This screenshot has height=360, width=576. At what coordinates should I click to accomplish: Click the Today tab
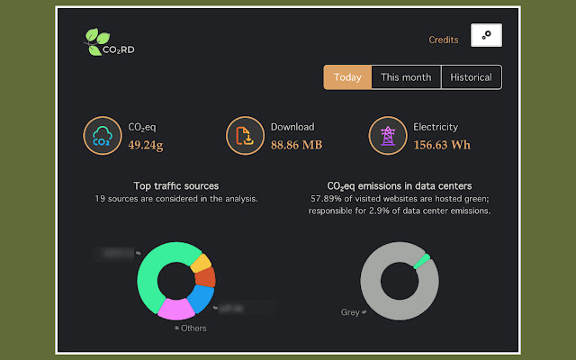347,77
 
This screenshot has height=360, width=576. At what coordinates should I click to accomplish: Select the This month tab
406,77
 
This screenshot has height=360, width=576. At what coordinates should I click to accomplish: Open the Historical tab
472,77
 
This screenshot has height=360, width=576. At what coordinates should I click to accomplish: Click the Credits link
444,40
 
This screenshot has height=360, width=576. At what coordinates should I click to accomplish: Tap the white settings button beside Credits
486,35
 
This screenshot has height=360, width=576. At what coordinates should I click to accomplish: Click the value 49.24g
146,144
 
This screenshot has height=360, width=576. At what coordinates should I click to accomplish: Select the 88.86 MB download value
296,144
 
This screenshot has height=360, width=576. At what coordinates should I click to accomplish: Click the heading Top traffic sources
176,185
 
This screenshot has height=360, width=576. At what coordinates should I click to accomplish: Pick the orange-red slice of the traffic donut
207,277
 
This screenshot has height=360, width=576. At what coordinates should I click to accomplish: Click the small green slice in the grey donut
420,261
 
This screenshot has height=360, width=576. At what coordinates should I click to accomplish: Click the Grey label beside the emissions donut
350,313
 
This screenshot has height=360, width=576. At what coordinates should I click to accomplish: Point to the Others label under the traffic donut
193,328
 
